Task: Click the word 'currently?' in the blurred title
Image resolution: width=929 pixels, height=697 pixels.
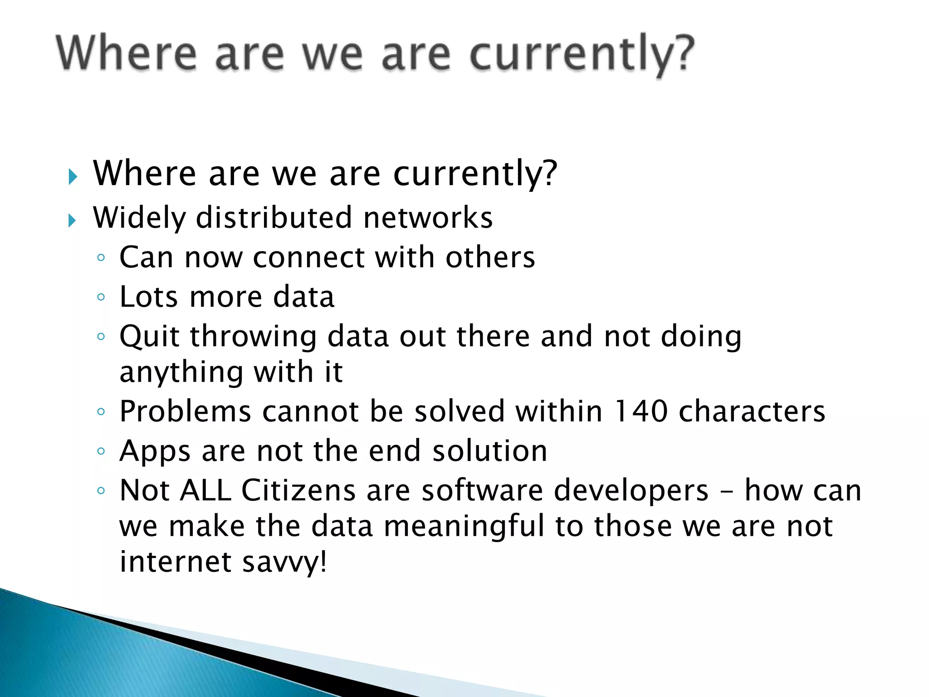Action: [x=582, y=55]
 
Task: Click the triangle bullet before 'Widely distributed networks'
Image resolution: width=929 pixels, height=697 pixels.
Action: [x=72, y=221]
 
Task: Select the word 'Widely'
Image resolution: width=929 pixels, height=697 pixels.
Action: [x=139, y=218]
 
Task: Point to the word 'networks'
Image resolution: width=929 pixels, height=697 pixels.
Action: [x=428, y=218]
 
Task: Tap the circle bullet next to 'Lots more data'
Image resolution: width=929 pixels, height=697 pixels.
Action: [x=101, y=298]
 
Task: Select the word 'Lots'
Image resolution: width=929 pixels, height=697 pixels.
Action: [x=148, y=297]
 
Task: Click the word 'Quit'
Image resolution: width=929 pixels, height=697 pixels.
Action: [x=149, y=337]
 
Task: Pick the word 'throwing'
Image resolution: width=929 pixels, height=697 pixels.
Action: [x=253, y=337]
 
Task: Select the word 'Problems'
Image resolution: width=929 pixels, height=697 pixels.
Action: [x=185, y=412]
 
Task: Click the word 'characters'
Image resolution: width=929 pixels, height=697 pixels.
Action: [x=752, y=412]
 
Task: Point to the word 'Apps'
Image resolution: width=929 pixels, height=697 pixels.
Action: [x=155, y=452]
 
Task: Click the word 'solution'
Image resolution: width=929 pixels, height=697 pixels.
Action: [x=489, y=451]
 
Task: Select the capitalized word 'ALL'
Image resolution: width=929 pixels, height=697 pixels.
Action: [x=205, y=491]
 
